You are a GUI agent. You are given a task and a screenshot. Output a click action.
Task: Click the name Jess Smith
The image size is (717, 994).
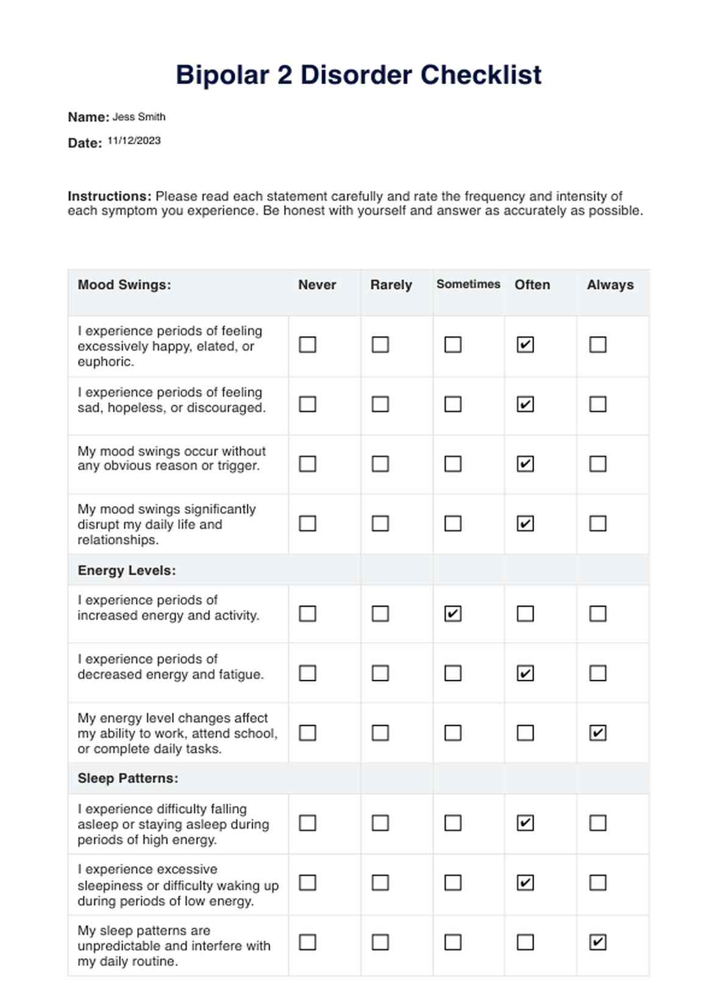click(x=139, y=116)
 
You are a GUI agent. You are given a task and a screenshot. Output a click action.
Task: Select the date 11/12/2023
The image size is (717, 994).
click(x=134, y=140)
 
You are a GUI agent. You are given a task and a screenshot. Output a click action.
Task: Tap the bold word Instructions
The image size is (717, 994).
click(x=109, y=196)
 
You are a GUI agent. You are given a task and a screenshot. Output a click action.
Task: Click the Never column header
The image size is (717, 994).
click(x=317, y=285)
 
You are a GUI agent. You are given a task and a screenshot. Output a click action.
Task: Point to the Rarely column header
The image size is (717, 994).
click(x=391, y=285)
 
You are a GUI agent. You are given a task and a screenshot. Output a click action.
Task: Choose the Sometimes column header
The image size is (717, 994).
click(x=468, y=284)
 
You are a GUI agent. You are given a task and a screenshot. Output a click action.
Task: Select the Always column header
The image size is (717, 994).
click(x=610, y=285)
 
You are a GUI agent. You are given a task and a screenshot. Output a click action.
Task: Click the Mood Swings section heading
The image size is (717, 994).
click(x=124, y=285)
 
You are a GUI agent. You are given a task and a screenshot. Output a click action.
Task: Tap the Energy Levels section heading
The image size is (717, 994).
click(x=127, y=571)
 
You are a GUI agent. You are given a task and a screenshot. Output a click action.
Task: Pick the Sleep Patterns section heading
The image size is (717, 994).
click(x=128, y=779)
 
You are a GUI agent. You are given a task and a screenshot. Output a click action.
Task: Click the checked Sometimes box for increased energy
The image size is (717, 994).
click(x=453, y=613)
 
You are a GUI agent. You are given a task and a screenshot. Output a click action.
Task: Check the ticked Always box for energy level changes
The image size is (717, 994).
click(x=598, y=733)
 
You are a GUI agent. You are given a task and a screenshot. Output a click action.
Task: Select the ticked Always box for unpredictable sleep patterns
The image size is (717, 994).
click(x=598, y=943)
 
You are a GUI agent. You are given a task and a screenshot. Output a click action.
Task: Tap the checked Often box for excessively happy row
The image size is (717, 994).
click(x=526, y=345)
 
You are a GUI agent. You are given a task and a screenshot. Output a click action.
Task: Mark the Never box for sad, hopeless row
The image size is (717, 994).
click(x=308, y=404)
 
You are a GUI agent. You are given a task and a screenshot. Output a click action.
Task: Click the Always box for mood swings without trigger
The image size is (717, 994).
click(x=598, y=464)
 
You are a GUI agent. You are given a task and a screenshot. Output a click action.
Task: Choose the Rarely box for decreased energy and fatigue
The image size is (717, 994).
click(x=380, y=673)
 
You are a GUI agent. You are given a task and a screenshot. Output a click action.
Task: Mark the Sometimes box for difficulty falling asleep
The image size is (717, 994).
click(x=453, y=823)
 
